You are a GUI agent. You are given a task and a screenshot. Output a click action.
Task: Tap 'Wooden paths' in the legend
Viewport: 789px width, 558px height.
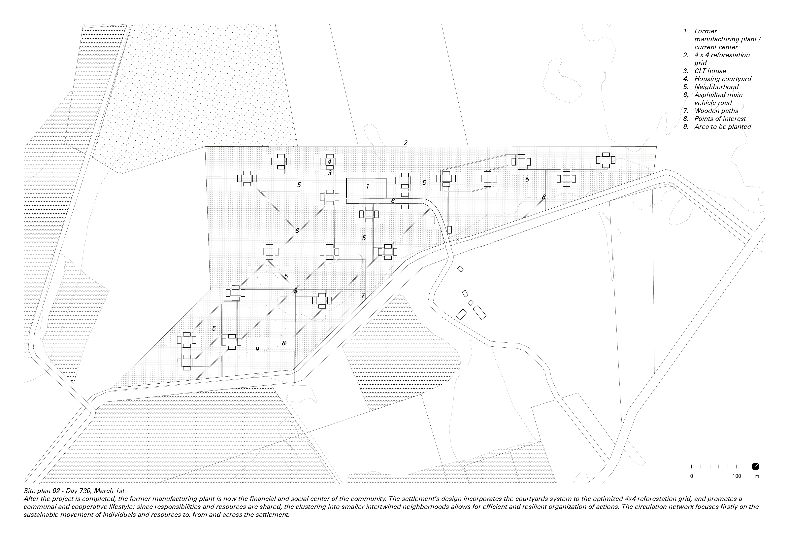(716, 111)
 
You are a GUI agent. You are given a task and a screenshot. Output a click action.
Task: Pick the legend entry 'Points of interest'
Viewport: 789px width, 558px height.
(720, 119)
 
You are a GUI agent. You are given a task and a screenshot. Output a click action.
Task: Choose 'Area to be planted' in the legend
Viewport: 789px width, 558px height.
(723, 126)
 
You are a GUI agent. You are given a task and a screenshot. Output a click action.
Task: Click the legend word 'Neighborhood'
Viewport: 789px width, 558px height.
(716, 87)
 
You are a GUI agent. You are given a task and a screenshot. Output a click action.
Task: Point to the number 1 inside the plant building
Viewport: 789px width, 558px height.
(367, 186)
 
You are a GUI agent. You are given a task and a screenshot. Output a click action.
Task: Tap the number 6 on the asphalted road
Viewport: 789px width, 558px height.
(393, 201)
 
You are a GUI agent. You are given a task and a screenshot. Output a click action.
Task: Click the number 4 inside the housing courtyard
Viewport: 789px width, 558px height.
(329, 162)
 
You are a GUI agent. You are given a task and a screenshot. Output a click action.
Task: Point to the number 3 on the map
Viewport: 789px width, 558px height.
(330, 173)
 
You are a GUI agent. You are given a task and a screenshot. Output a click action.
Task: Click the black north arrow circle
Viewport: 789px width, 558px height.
(756, 467)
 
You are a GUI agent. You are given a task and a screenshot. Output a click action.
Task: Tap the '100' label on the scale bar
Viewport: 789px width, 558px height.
(737, 476)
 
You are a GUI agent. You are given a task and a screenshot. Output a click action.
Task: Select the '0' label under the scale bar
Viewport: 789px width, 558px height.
(692, 476)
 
